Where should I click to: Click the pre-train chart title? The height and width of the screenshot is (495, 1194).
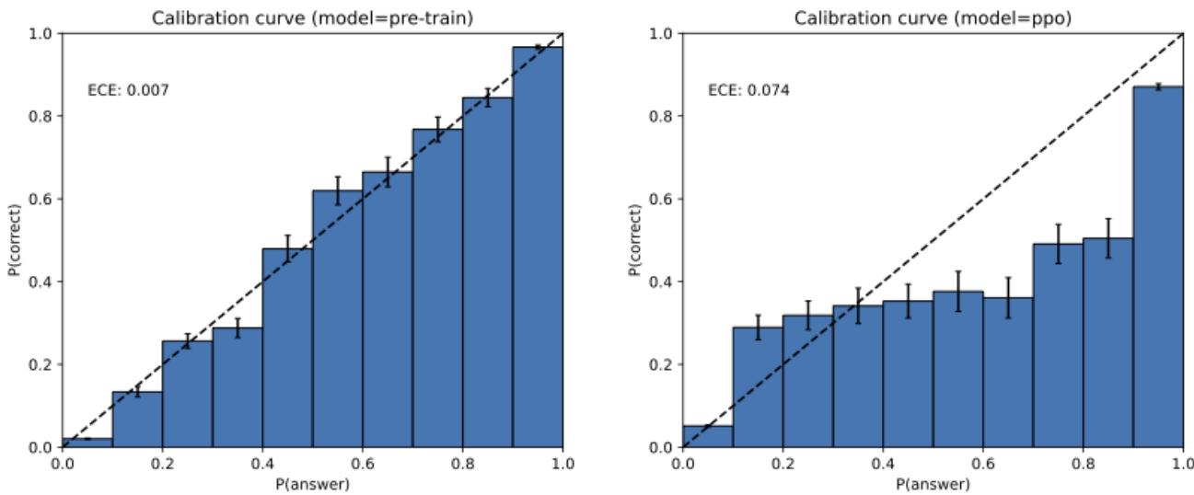click(312, 12)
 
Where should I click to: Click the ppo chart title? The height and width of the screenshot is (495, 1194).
click(933, 12)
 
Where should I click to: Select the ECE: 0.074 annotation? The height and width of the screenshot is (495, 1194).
click(735, 90)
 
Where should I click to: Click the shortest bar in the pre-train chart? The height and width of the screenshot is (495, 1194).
click(87, 443)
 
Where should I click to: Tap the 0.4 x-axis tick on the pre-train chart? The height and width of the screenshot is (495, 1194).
click(262, 464)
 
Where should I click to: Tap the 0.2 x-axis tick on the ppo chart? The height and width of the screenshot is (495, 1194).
click(782, 464)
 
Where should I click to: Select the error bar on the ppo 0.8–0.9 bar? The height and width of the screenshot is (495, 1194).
click(1108, 237)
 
